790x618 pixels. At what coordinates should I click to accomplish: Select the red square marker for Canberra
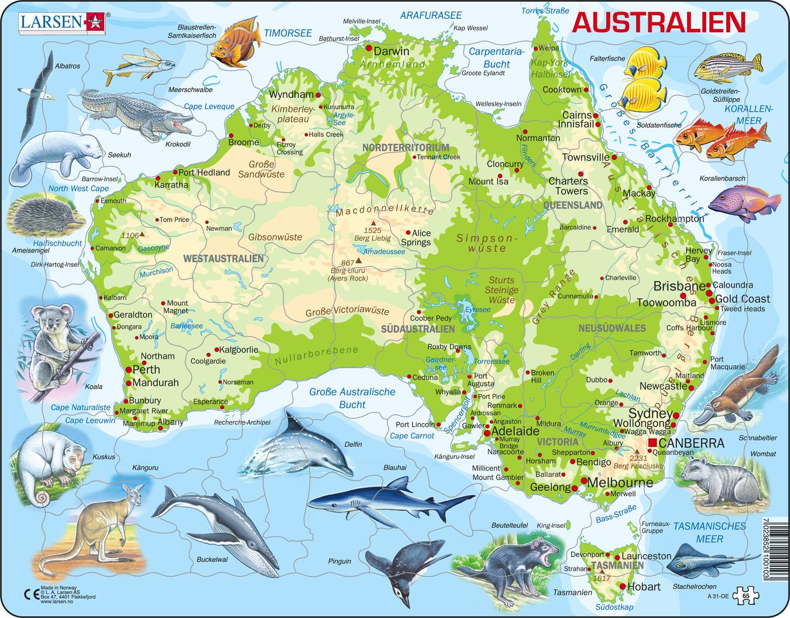[x=652, y=442]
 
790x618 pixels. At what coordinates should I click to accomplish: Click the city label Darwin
[x=391, y=51]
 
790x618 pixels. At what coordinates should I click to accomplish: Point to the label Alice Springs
[x=416, y=237]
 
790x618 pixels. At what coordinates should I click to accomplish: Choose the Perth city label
[x=146, y=370]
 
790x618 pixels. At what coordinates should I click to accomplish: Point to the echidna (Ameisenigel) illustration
[x=44, y=217]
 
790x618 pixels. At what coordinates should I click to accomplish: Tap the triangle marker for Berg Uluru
[x=359, y=262]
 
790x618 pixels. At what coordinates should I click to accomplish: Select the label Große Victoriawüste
[x=348, y=311]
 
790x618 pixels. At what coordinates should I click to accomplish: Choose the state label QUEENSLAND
[x=573, y=205]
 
